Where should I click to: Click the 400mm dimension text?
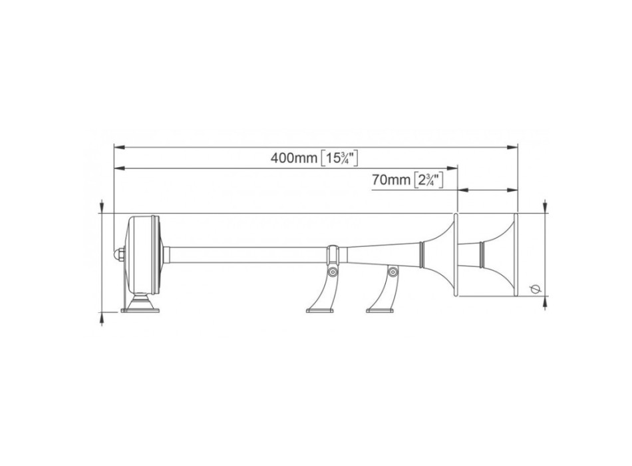click(293, 158)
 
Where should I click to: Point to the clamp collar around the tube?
click(332, 255)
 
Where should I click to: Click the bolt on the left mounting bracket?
click(332, 272)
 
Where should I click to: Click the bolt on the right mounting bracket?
click(393, 272)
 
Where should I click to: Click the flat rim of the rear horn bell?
click(456, 255)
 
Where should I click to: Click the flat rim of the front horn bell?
click(516, 255)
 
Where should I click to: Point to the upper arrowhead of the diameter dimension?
click(546, 208)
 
